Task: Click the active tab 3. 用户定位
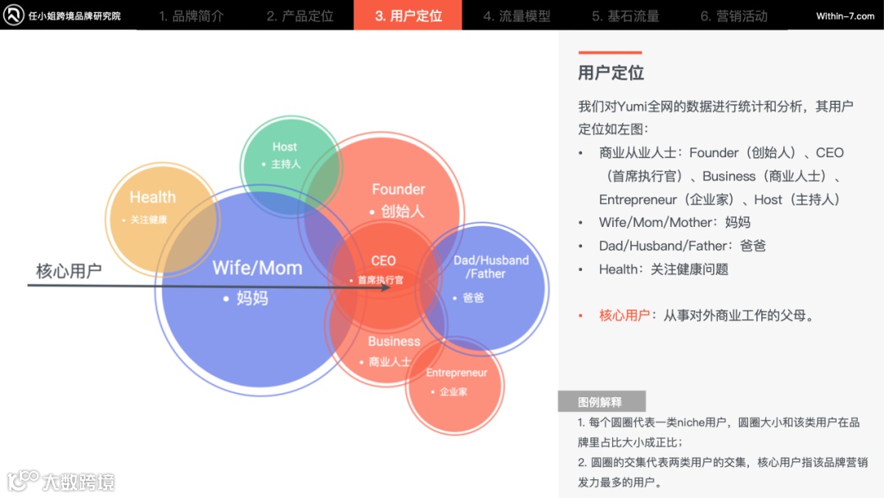pyautogui.click(x=408, y=16)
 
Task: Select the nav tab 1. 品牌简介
pyautogui.click(x=191, y=16)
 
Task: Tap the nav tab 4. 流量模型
pyautogui.click(x=516, y=16)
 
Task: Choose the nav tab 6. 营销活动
pyautogui.click(x=733, y=16)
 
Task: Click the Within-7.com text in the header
pyautogui.click(x=845, y=16)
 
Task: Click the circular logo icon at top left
pyautogui.click(x=13, y=16)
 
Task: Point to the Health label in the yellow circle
pyautogui.click(x=152, y=197)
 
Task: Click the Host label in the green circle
pyautogui.click(x=285, y=147)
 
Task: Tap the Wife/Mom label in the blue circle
pyautogui.click(x=257, y=268)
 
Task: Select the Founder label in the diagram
pyautogui.click(x=399, y=189)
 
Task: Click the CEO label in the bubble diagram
pyautogui.click(x=383, y=260)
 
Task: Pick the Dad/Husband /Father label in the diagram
pyautogui.click(x=491, y=267)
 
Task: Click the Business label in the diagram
pyautogui.click(x=394, y=341)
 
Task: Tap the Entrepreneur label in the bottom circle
pyautogui.click(x=456, y=373)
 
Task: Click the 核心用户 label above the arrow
pyautogui.click(x=69, y=271)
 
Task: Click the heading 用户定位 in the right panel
pyautogui.click(x=611, y=73)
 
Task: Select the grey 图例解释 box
pyautogui.click(x=601, y=401)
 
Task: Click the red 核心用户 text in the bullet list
pyautogui.click(x=625, y=315)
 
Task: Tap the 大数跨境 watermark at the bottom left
pyautogui.click(x=79, y=482)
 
